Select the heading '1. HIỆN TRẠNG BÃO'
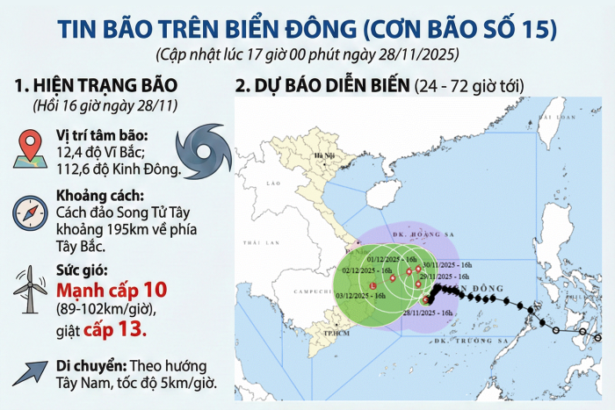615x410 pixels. point(97,85)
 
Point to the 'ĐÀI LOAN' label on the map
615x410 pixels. point(552,114)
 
